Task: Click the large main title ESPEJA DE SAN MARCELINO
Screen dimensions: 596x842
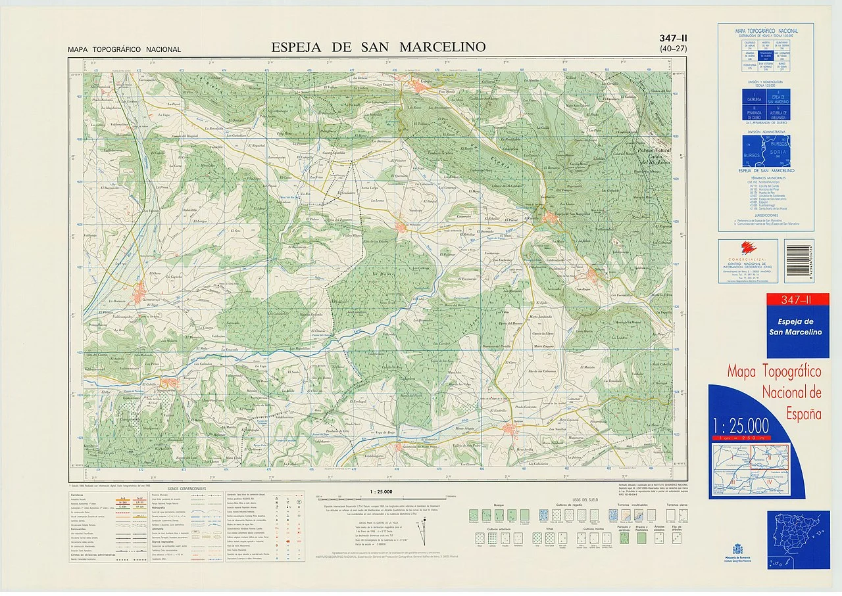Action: [x=378, y=47]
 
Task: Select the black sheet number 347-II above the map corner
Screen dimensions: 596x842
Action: [x=673, y=39]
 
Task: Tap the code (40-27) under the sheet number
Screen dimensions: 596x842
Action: [x=673, y=49]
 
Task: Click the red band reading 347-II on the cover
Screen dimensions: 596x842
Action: [x=798, y=300]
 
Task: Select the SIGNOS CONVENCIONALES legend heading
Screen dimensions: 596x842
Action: [x=187, y=490]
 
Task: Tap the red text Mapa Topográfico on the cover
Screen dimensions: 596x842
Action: [x=774, y=372]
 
